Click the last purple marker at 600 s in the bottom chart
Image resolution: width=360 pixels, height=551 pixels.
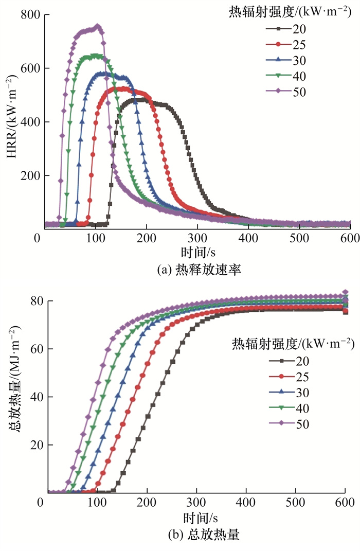[345, 292]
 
